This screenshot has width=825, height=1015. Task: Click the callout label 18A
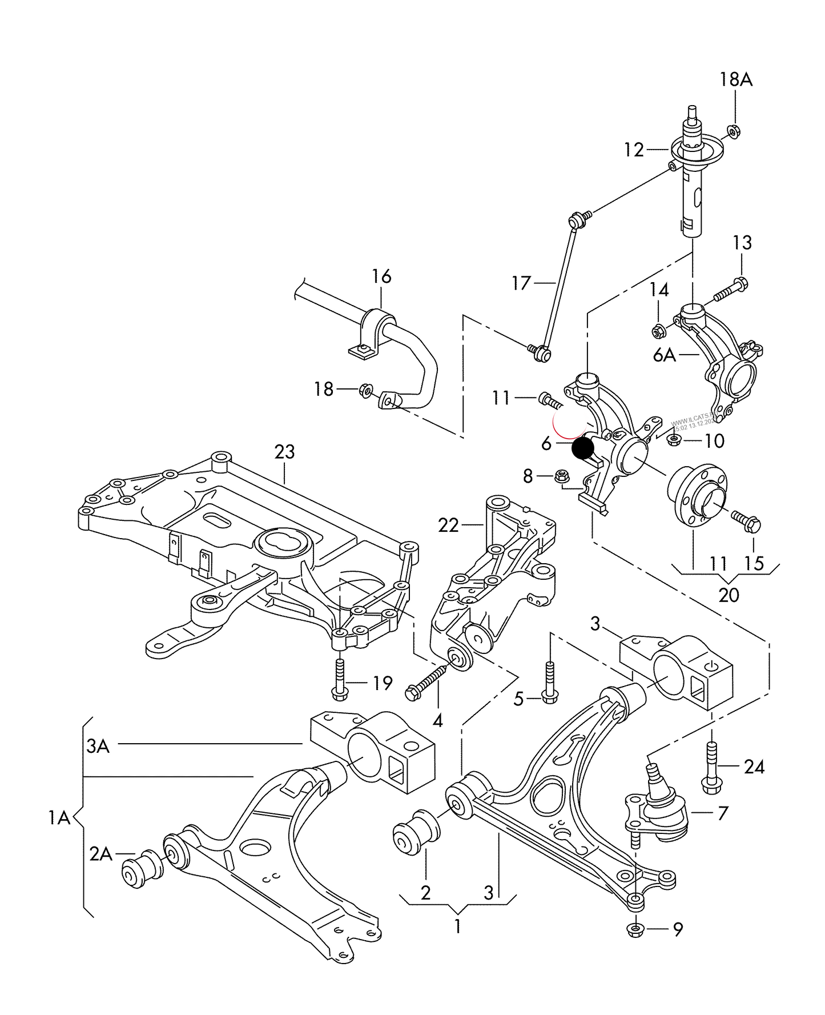point(735,79)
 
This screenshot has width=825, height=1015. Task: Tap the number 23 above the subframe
point(284,452)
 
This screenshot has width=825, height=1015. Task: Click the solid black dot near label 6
point(583,448)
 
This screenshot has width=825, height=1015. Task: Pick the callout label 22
point(448,525)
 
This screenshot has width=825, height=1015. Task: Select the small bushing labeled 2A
point(142,869)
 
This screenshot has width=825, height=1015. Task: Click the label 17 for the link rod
point(521,283)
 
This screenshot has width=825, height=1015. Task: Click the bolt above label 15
point(744,520)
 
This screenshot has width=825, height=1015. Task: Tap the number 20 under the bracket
point(729,595)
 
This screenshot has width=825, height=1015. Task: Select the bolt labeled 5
point(549,683)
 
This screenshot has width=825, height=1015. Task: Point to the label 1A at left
point(59,819)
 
